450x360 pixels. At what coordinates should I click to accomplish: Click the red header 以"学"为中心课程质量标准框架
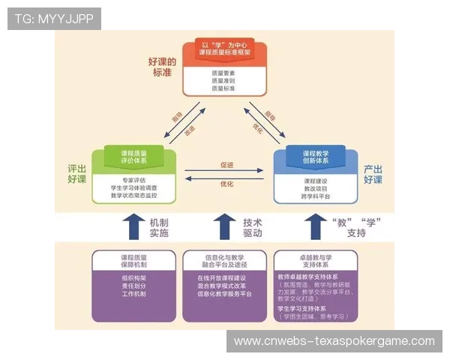[224, 50]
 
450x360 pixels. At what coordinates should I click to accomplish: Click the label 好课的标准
[163, 67]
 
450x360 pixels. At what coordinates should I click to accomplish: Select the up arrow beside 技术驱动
[224, 226]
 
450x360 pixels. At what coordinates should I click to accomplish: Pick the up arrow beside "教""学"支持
[314, 226]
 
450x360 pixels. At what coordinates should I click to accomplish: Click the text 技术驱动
[253, 227]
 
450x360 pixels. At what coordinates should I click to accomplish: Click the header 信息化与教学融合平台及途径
[224, 259]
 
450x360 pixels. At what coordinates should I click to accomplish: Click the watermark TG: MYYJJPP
[54, 18]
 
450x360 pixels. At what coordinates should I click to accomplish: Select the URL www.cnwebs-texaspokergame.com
[334, 341]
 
